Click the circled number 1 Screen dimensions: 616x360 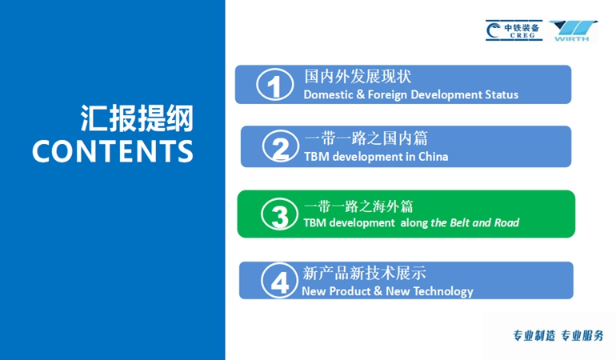(x=275, y=84)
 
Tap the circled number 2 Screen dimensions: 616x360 (x=281, y=146)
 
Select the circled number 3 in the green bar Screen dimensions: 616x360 (x=280, y=214)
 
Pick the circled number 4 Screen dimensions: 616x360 (x=280, y=280)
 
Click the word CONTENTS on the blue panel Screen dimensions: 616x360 (x=113, y=151)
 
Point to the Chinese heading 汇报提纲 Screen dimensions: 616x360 (x=137, y=118)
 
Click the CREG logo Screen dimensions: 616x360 (x=514, y=30)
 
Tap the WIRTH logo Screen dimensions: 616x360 (x=572, y=31)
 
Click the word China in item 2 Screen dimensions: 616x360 (x=433, y=157)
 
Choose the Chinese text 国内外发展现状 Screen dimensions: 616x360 (x=358, y=76)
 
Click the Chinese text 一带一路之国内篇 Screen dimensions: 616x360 (x=366, y=138)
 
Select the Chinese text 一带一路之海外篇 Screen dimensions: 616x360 (x=358, y=206)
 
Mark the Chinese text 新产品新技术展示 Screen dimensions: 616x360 (x=364, y=273)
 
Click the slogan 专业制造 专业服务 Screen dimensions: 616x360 (x=558, y=336)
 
